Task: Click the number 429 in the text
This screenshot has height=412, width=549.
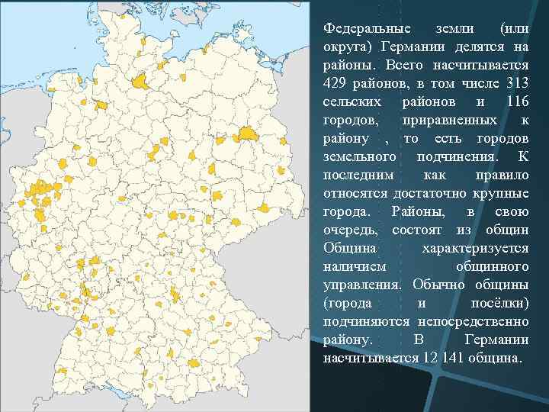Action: pyautogui.click(x=336, y=83)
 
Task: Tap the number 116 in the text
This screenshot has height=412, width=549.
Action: pyautogui.click(x=515, y=101)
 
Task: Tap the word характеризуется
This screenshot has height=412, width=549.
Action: pyautogui.click(x=475, y=248)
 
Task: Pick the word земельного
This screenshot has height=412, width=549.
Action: pyautogui.click(x=359, y=156)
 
